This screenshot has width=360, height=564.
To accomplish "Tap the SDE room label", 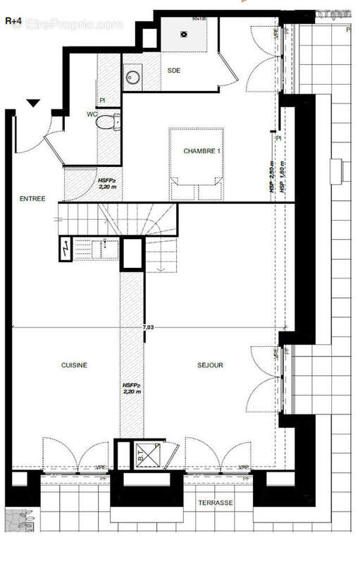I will (173, 70).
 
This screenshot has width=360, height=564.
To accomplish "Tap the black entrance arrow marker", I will (32, 104).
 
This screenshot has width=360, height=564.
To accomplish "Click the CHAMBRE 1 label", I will (202, 152).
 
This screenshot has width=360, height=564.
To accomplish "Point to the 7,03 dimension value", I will (149, 327).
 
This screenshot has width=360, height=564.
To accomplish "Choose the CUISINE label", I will (73, 365).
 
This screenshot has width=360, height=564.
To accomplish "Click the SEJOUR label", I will (210, 365).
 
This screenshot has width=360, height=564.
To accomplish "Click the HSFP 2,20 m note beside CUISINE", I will (132, 389).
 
